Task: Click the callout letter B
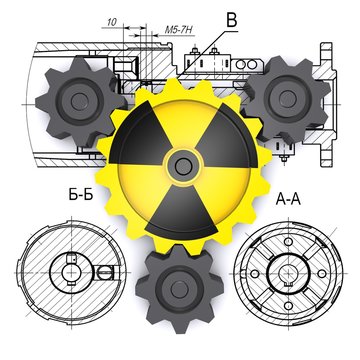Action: [233, 17]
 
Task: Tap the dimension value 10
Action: [112, 20]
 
